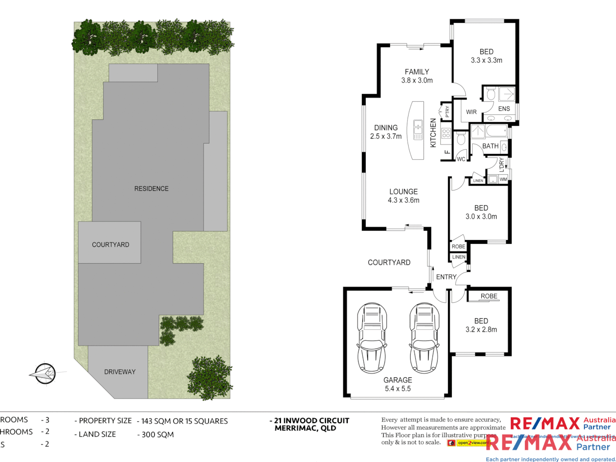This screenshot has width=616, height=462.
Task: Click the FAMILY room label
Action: coord(417,72)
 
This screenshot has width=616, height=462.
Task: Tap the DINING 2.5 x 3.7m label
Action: coord(386,132)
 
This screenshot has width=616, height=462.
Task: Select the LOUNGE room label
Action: coord(403,192)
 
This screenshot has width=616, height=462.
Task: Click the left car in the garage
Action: coord(372,338)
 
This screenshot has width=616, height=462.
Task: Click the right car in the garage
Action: coord(424,338)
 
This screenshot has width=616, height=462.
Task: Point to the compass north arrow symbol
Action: coord(45,373)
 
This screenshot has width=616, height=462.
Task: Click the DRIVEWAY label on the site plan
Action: coord(120,372)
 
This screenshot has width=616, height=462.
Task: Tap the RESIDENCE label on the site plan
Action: coord(151,189)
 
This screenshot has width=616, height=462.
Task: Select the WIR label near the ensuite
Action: coord(471,112)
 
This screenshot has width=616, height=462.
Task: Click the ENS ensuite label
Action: coord(504,109)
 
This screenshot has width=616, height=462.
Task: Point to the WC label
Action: coord(461,159)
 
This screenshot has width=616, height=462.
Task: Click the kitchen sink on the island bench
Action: coord(418,127)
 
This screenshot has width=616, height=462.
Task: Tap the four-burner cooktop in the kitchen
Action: coord(446,133)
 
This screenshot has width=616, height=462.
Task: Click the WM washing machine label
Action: coord(503,179)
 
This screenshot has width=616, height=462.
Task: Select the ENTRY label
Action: coord(446,277)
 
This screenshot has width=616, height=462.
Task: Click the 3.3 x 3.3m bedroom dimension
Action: coord(486,60)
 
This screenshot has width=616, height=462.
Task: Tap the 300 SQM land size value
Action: coord(157,435)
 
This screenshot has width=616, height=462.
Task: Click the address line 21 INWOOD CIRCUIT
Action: coord(311,421)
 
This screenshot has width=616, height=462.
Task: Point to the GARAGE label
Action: coord(397,380)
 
